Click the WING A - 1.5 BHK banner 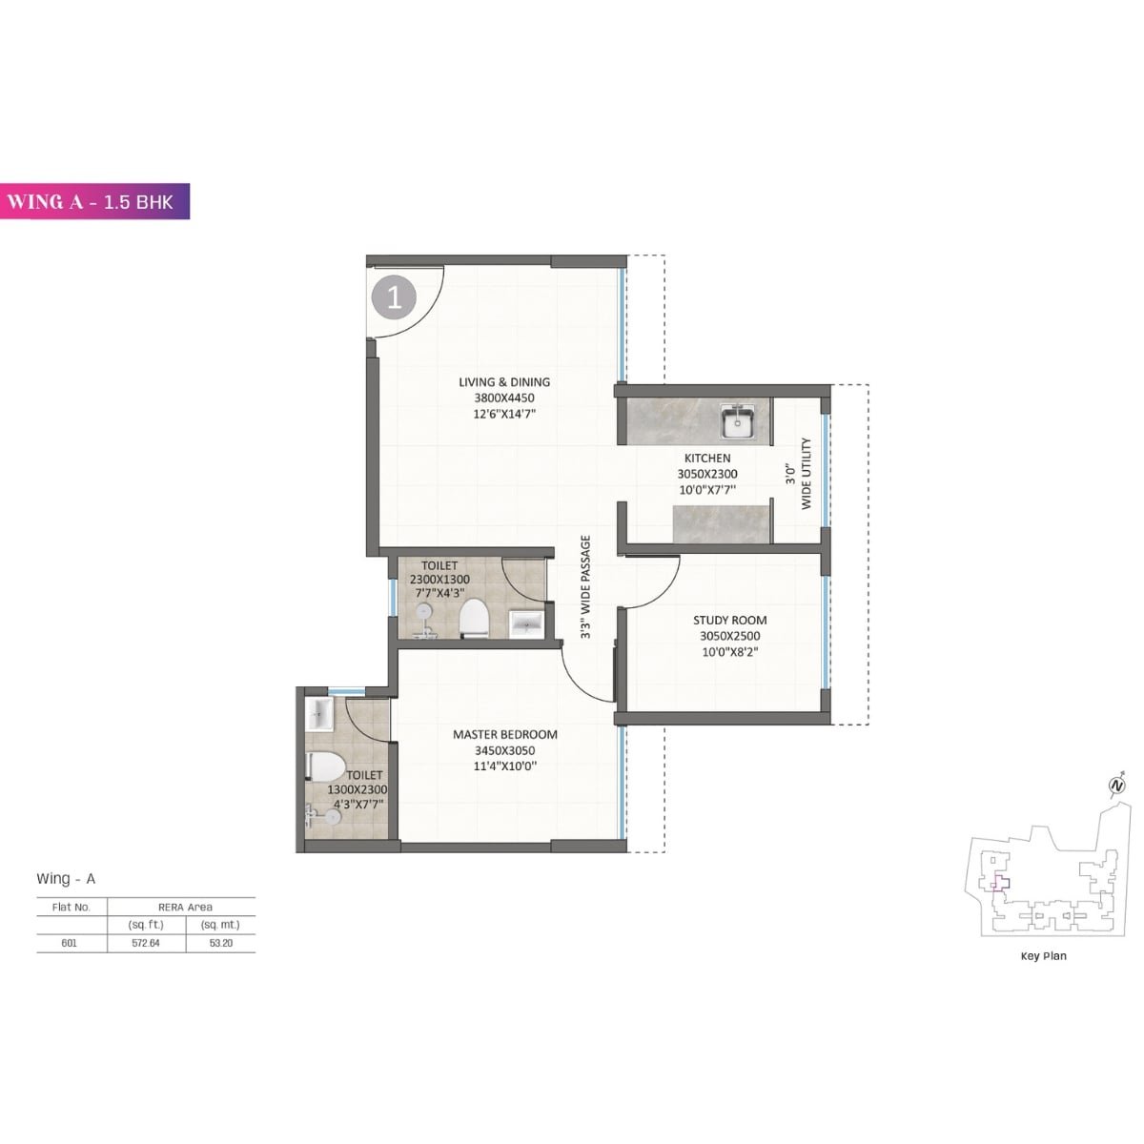(94, 201)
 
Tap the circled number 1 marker (394, 298)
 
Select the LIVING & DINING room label (504, 382)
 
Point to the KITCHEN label (707, 459)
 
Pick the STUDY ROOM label (729, 620)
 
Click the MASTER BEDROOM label (504, 734)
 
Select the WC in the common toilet (474, 618)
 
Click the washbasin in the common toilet (525, 623)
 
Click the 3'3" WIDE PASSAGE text (586, 586)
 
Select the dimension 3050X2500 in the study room (729, 636)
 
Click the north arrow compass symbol (1116, 786)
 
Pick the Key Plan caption (1043, 955)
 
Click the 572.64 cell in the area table (146, 943)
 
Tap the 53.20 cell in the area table (220, 943)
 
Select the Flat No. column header (71, 907)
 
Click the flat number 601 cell (70, 943)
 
